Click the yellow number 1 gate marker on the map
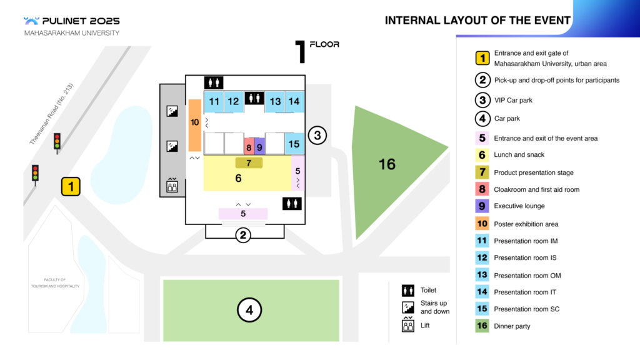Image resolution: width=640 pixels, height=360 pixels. click(71, 186)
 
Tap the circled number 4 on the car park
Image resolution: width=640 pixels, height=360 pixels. click(249, 309)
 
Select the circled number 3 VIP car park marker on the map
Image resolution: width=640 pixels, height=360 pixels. click(317, 134)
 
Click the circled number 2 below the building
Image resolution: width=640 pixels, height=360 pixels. click(244, 235)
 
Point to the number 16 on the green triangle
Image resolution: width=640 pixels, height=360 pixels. click(387, 164)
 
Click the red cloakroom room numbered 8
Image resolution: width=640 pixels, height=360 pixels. click(249, 147)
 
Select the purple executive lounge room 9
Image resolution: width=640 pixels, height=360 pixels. click(259, 147)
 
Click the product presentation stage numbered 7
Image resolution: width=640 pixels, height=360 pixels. click(249, 163)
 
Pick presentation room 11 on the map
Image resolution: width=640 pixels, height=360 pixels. click(214, 101)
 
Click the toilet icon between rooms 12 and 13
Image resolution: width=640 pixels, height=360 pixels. click(254, 97)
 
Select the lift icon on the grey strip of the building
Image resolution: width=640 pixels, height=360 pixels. click(172, 185)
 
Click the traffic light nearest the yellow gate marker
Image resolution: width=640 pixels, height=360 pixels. click(36, 173)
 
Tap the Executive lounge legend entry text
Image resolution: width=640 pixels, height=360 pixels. click(519, 206)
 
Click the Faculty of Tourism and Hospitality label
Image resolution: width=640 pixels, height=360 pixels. click(55, 282)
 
